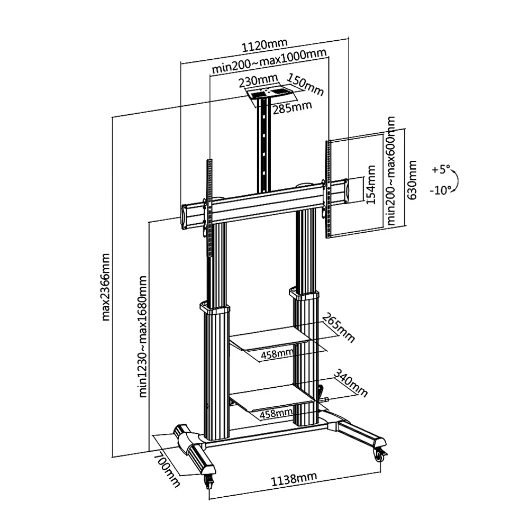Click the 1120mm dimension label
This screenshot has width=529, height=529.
(x=264, y=45)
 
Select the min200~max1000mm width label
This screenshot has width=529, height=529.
(x=268, y=69)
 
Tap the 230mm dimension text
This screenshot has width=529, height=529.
(x=258, y=82)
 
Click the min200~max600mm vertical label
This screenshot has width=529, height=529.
(x=391, y=171)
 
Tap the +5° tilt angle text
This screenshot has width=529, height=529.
(x=440, y=170)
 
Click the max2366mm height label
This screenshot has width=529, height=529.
(x=106, y=287)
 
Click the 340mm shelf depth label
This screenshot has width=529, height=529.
(x=350, y=382)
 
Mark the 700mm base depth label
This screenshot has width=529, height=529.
(x=166, y=468)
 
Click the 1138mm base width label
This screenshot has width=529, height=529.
(x=294, y=479)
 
